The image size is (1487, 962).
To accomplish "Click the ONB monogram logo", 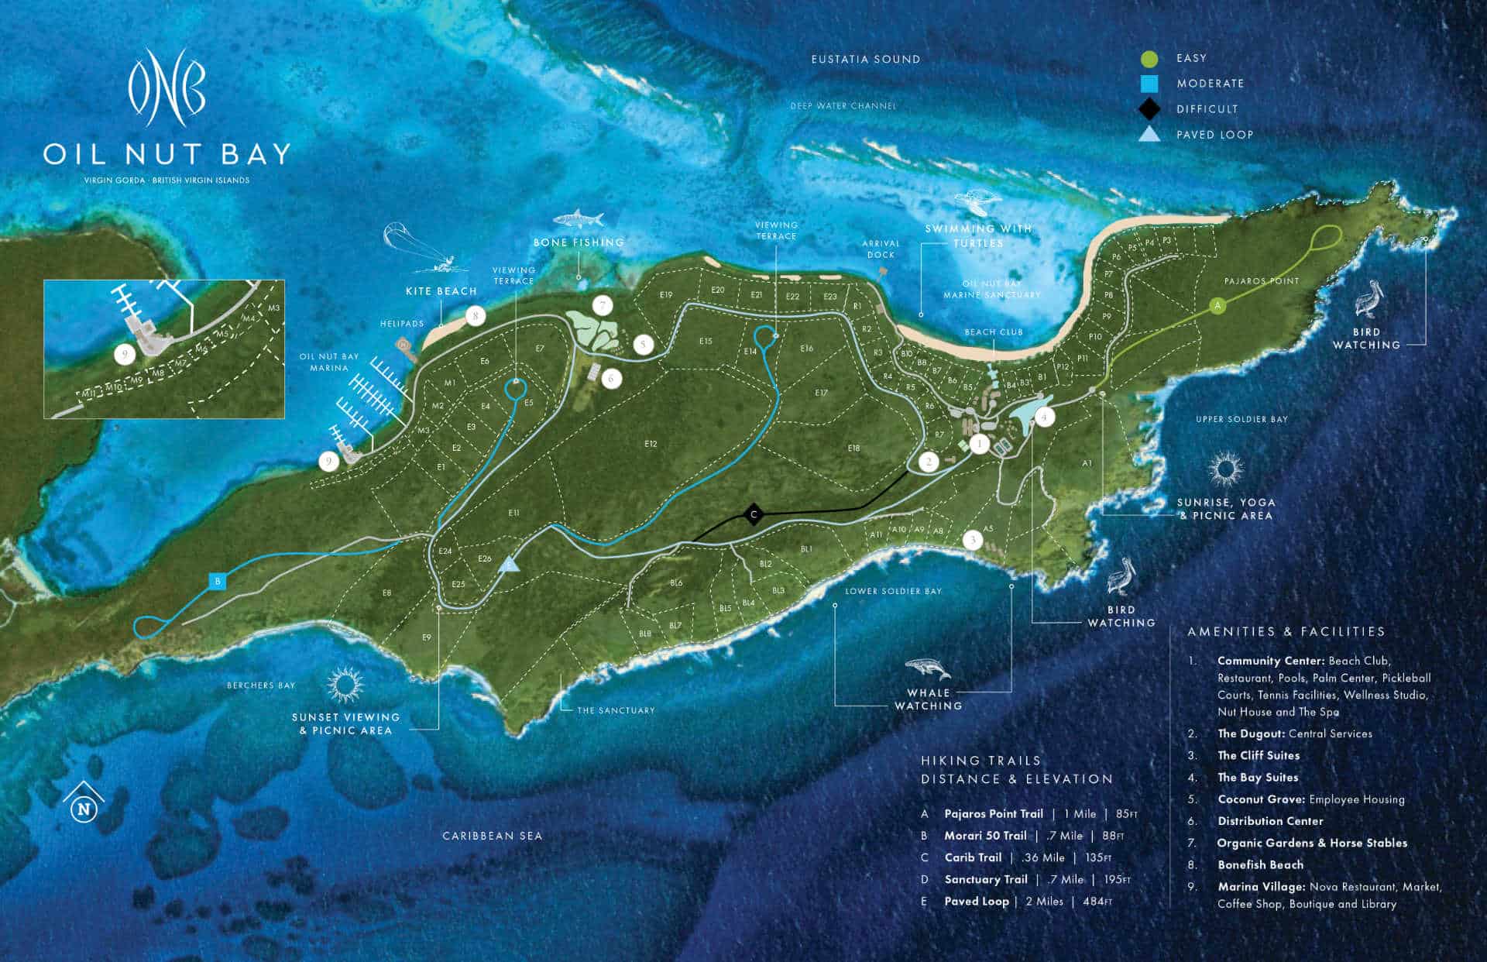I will pyautogui.click(x=167, y=87).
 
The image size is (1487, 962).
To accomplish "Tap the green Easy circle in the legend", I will pyautogui.click(x=1149, y=59).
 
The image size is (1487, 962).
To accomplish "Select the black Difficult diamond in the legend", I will pyautogui.click(x=1149, y=109).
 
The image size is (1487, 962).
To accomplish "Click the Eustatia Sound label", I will pyautogui.click(x=865, y=60).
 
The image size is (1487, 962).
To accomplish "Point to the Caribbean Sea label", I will pyautogui.click(x=492, y=836).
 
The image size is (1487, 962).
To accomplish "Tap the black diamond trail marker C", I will pyautogui.click(x=753, y=514).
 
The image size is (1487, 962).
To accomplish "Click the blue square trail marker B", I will pyautogui.click(x=218, y=581).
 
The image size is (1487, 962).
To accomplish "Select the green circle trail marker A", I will pyautogui.click(x=1217, y=305).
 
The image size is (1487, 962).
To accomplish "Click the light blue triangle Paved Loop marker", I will pyautogui.click(x=509, y=564).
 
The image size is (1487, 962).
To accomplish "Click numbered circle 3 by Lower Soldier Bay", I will pyautogui.click(x=973, y=540).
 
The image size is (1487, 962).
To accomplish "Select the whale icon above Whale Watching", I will pyautogui.click(x=927, y=668).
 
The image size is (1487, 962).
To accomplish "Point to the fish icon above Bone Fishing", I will pyautogui.click(x=579, y=218).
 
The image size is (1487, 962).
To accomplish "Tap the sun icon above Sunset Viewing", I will pyautogui.click(x=345, y=685).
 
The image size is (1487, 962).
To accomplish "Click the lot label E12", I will pyautogui.click(x=650, y=444).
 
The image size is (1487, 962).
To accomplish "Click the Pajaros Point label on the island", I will pyautogui.click(x=1261, y=281).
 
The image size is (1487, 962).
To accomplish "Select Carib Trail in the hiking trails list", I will pyautogui.click(x=973, y=857).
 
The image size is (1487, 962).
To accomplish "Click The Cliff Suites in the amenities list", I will pyautogui.click(x=1258, y=755).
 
